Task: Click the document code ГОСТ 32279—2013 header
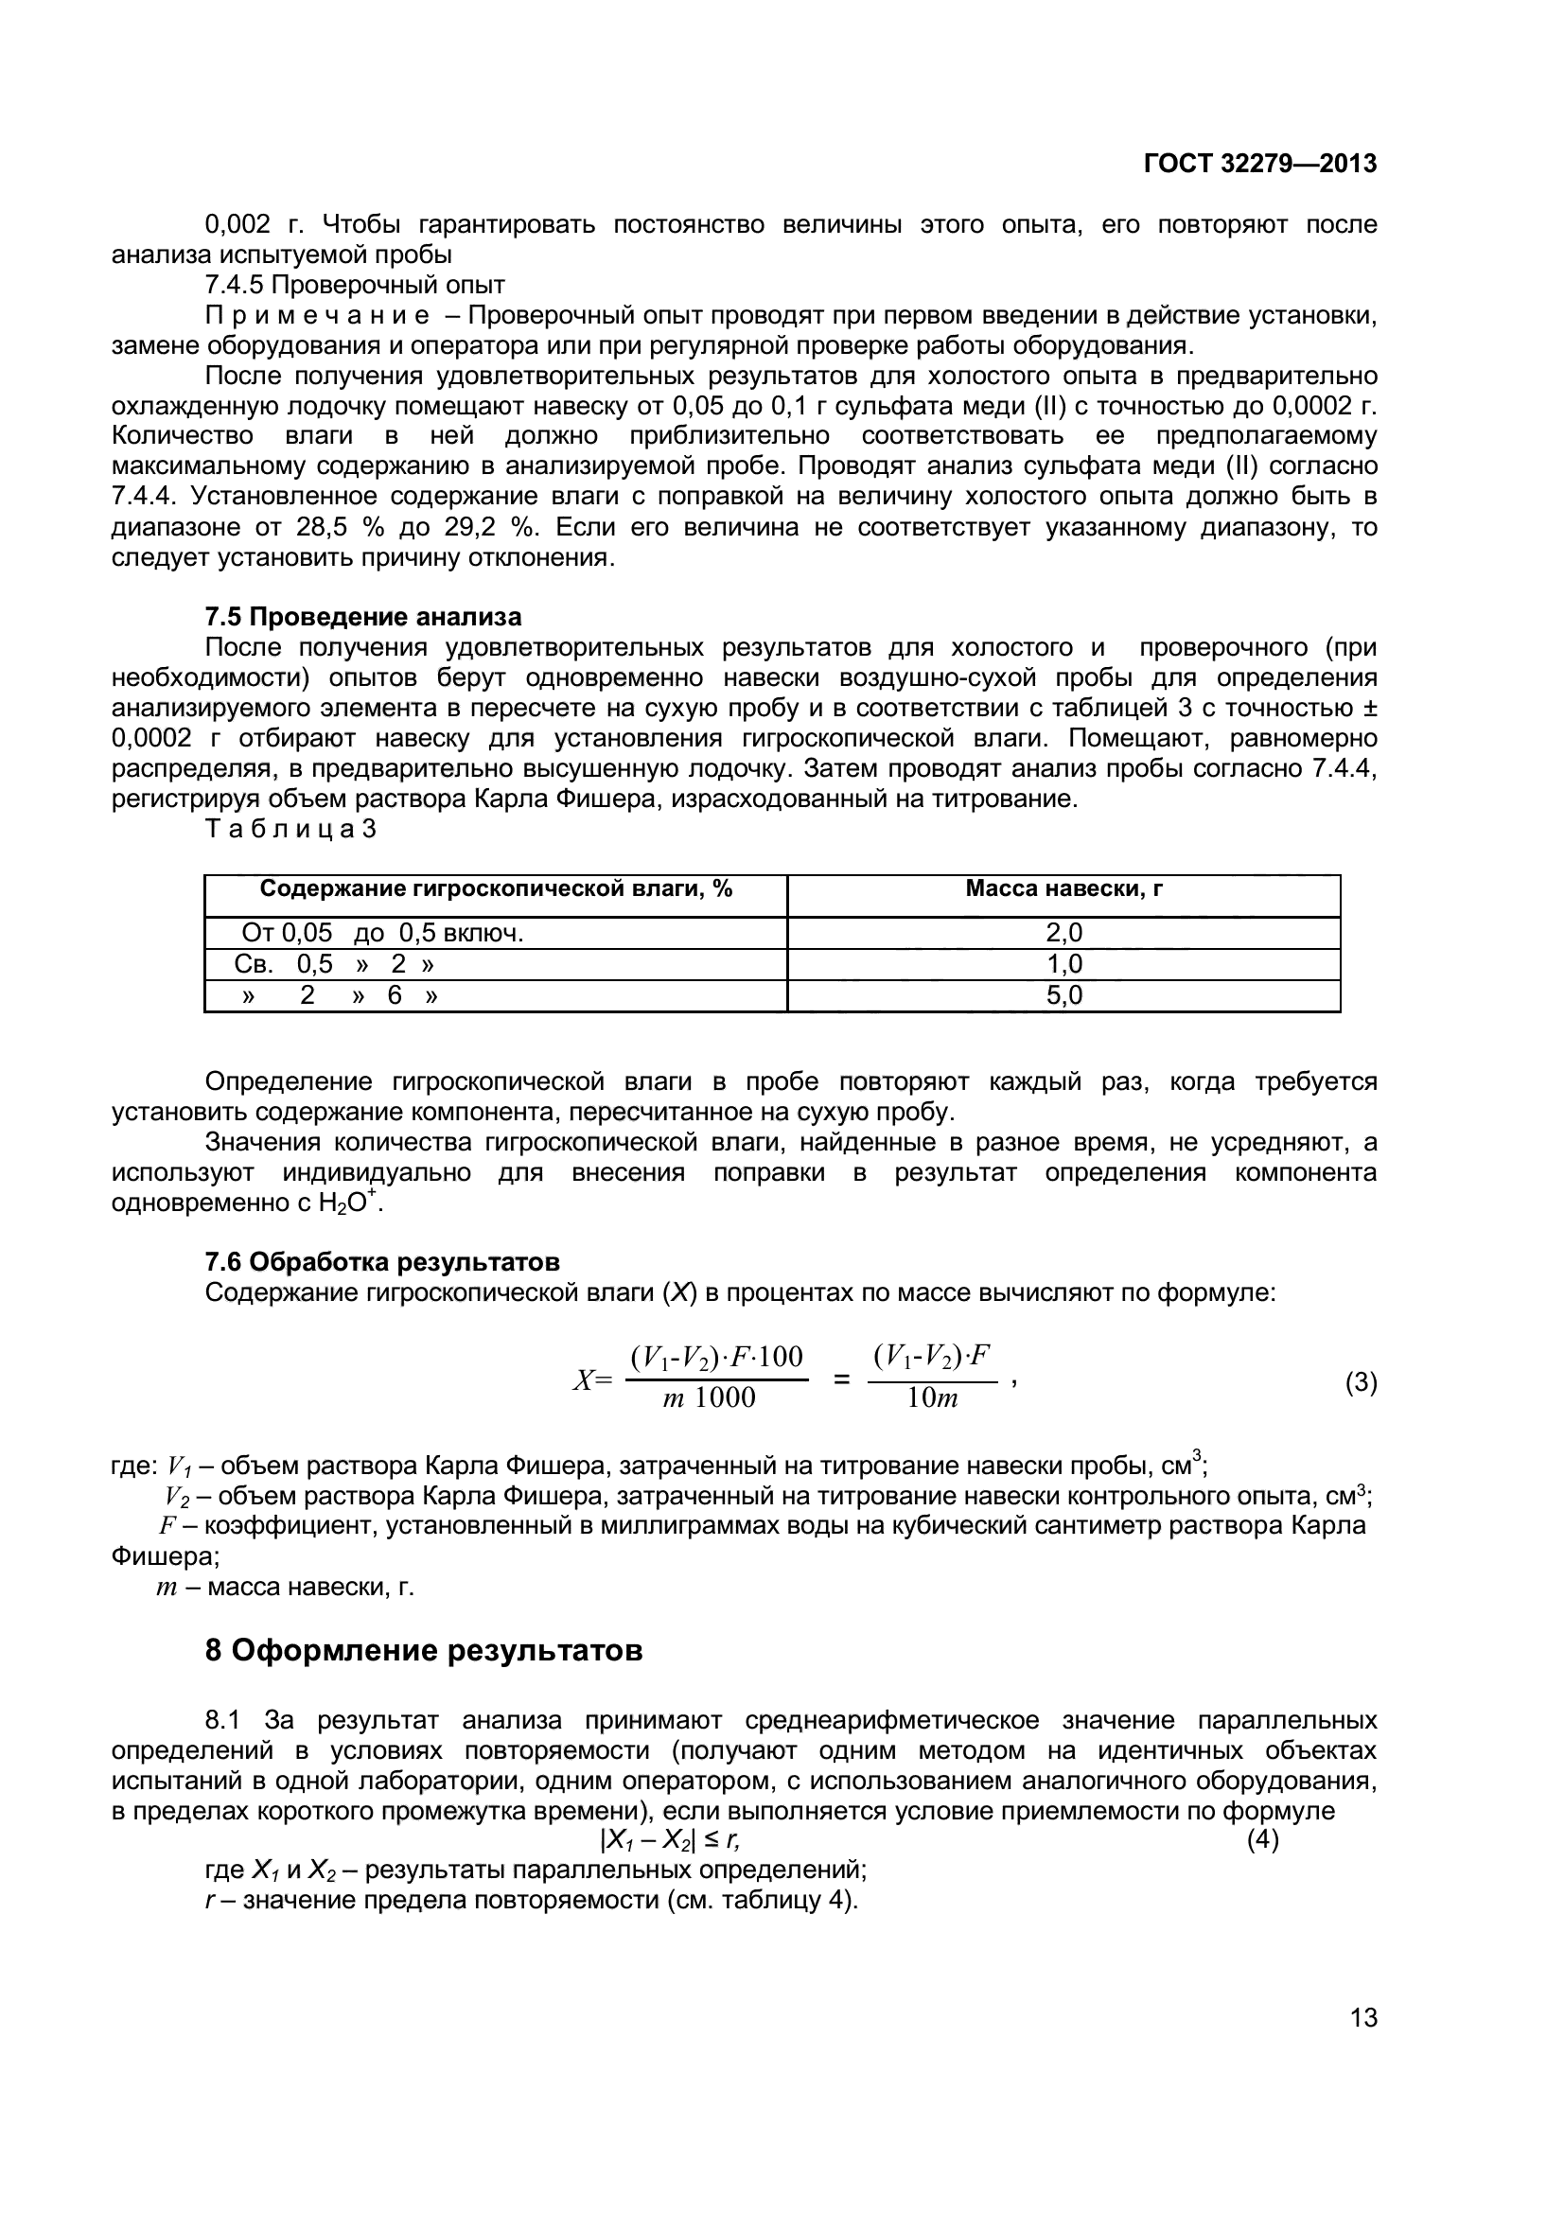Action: pos(1259,164)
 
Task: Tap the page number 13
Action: pos(1363,2017)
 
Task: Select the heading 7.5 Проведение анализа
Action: pos(363,616)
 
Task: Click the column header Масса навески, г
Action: pos(1063,888)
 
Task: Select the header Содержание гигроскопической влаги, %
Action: pos(496,888)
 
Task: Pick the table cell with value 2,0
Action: pos(1063,932)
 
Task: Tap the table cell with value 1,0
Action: pos(1063,964)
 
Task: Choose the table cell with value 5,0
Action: pos(1063,995)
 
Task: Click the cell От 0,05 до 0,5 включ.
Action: pos(381,932)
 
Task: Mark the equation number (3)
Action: pos(1361,1383)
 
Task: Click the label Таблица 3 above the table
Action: pos(290,829)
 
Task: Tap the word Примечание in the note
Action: pos(316,316)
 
